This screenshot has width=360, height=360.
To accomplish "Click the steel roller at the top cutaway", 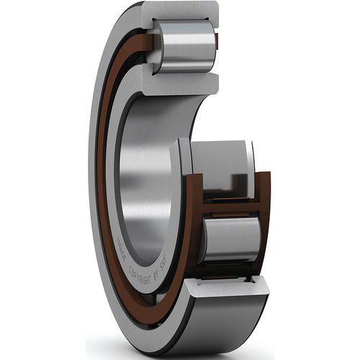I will tap(186, 46).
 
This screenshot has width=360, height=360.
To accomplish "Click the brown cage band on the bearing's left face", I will tap(103, 180).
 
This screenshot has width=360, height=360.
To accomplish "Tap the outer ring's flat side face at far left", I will tap(94, 180).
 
